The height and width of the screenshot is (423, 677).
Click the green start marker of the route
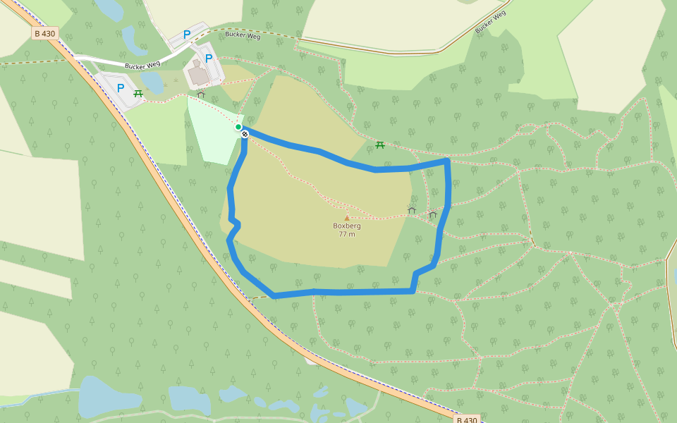tap(238, 127)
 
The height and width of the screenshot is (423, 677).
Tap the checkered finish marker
tap(245, 133)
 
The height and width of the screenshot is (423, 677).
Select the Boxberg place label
tap(347, 226)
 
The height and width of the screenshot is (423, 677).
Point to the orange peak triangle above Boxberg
tap(347, 218)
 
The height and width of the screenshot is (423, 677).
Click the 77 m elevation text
tap(347, 234)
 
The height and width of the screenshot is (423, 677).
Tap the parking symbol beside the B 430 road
tap(121, 88)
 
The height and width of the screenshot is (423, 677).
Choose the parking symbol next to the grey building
tap(209, 59)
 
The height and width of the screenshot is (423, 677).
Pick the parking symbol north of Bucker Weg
tap(187, 34)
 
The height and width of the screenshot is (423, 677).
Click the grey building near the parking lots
tap(198, 74)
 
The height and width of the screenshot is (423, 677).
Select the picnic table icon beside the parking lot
tap(138, 93)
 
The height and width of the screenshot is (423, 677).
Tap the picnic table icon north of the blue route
tap(380, 145)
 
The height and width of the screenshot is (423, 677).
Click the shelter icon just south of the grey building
tap(201, 94)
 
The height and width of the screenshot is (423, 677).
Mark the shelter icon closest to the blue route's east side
tap(432, 214)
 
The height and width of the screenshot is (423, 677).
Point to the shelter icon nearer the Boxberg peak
tap(412, 210)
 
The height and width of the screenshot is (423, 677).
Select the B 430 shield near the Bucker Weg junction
tap(44, 33)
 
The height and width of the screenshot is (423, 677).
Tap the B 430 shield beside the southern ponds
tap(465, 419)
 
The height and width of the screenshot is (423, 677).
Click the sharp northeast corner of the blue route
tap(447, 161)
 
